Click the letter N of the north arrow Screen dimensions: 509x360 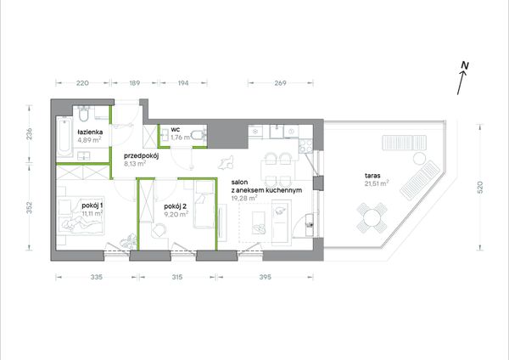pyautogui.click(x=465, y=65)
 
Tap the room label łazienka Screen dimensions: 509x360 pyautogui.click(x=90, y=132)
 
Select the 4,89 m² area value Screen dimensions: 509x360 pyautogui.click(x=89, y=140)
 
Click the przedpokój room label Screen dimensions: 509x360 pyautogui.click(x=141, y=156)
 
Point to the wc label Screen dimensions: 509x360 pyautogui.click(x=176, y=130)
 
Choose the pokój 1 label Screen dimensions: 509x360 pyautogui.click(x=92, y=205)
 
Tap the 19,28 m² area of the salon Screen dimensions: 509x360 pyautogui.click(x=244, y=198)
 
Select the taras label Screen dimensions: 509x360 pyautogui.click(x=372, y=176)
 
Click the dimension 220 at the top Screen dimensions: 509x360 pyautogui.click(x=82, y=83)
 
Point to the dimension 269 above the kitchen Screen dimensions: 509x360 pyautogui.click(x=280, y=83)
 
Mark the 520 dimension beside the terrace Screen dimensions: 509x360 pyautogui.click(x=480, y=188)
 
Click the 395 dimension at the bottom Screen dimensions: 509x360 pyautogui.click(x=266, y=277)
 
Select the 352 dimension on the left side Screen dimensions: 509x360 pyautogui.click(x=29, y=208)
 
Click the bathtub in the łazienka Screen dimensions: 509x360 pyautogui.click(x=64, y=137)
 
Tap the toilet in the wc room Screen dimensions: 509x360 pyautogui.click(x=199, y=135)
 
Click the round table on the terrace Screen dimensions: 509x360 pyautogui.click(x=372, y=217)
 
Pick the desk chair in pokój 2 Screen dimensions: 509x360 pyautogui.click(x=159, y=230)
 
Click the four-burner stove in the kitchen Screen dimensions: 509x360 pyautogui.click(x=305, y=146)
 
